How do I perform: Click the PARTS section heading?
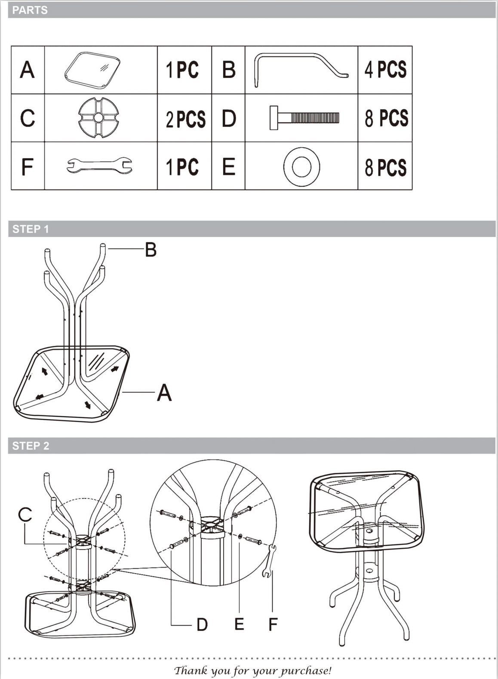click(x=30, y=10)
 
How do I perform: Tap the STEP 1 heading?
click(x=30, y=229)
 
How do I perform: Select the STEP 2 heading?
click(x=30, y=445)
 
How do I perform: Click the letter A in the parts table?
click(x=27, y=70)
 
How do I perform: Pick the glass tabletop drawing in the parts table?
click(x=92, y=71)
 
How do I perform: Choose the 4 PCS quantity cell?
click(x=385, y=70)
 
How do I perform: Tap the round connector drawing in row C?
click(x=99, y=118)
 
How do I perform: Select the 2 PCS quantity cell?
click(x=185, y=119)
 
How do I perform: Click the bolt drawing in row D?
click(x=304, y=118)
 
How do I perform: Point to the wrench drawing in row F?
click(x=99, y=165)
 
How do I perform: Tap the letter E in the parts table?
click(x=229, y=166)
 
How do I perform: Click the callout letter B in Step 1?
click(x=151, y=250)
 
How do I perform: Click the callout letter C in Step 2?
click(x=25, y=514)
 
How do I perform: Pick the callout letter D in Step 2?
click(x=202, y=624)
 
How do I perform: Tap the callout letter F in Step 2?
click(x=273, y=624)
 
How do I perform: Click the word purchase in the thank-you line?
click(x=306, y=669)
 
